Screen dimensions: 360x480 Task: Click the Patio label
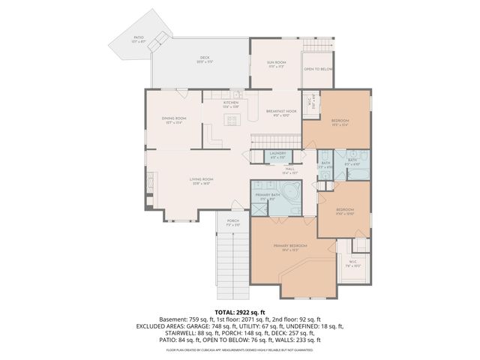[139, 37]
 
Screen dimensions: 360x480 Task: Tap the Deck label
[204, 58]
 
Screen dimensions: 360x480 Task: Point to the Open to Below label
[318, 70]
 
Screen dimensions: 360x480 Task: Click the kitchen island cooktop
[232, 120]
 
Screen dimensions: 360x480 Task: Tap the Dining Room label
[174, 119]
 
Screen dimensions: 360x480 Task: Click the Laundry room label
[277, 154]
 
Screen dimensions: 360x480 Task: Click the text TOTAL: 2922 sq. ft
[239, 311]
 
